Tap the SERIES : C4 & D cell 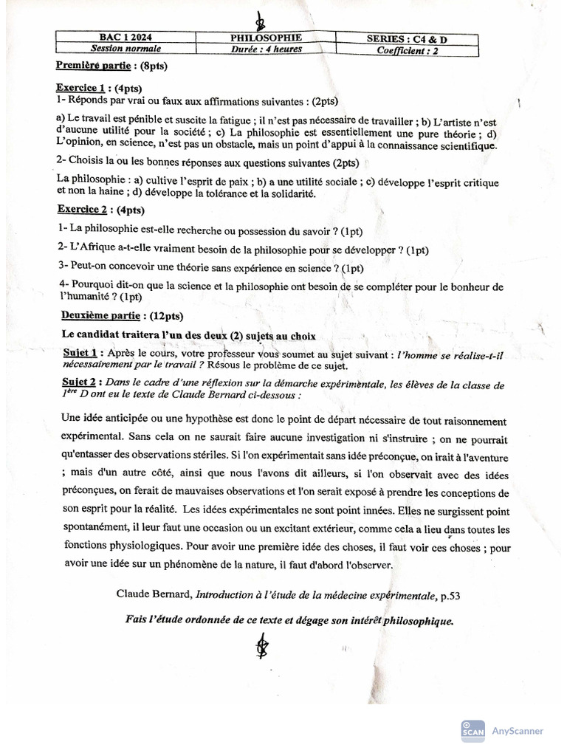[x=407, y=38]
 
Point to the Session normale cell [x=125, y=49]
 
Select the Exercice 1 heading [x=81, y=87]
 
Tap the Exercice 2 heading [x=82, y=210]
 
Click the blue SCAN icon [x=472, y=730]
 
